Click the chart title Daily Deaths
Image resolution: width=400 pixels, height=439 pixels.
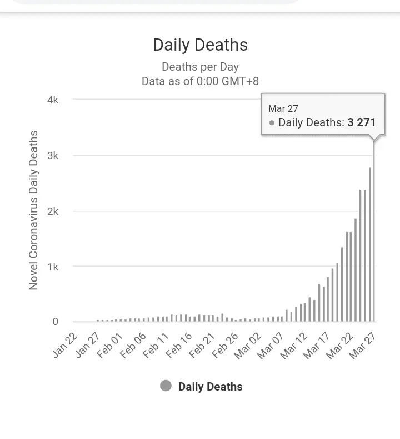pos(200,45)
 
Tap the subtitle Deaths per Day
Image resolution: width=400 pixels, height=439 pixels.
pos(200,67)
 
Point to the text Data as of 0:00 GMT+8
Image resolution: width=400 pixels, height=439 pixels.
pos(200,81)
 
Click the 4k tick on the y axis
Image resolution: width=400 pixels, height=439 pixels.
pos(53,100)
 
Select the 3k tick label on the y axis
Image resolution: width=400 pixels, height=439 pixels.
pos(53,156)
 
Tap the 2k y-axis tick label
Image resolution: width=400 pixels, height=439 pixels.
pos(53,211)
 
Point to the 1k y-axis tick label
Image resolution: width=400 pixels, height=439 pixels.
pos(53,267)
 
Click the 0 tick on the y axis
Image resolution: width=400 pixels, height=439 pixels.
pos(55,322)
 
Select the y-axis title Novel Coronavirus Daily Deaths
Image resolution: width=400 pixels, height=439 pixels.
pos(33,210)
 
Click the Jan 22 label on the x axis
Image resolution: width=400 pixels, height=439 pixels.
pos(66,345)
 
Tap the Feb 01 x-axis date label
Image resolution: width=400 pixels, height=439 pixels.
pos(110,345)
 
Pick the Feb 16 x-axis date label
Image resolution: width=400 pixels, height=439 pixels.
pos(179,345)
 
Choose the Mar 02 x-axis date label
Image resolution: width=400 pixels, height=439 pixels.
pos(248,345)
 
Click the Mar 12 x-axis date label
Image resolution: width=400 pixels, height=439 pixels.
pos(294,345)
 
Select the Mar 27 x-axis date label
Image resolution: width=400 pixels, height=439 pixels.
pos(364,345)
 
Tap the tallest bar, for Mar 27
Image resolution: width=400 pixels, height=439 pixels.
pos(374,234)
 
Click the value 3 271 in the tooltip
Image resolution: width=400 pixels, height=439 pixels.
pos(362,122)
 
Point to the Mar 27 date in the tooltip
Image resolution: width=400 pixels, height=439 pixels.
pos(283,108)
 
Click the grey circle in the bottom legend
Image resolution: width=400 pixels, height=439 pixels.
pos(166,386)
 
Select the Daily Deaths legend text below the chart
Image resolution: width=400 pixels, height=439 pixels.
pos(210,387)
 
